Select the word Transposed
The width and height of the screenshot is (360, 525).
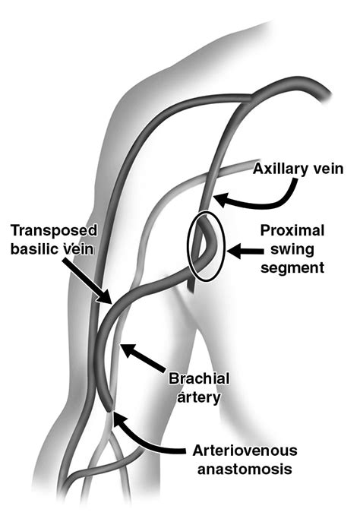tap(54, 231)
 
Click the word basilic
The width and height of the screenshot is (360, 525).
tap(35, 249)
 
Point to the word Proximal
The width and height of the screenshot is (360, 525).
tap(292, 231)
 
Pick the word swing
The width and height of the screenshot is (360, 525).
tap(292, 250)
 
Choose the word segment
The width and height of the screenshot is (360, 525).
tap(292, 267)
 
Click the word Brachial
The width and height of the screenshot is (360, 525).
tap(199, 378)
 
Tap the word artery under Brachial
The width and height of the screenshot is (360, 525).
tap(199, 397)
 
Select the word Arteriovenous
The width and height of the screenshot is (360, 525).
tap(245, 451)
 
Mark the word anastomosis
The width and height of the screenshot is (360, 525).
tap(245, 469)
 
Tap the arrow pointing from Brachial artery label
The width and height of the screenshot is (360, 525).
tap(143, 357)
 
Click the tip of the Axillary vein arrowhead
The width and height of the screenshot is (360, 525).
tap(213, 198)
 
